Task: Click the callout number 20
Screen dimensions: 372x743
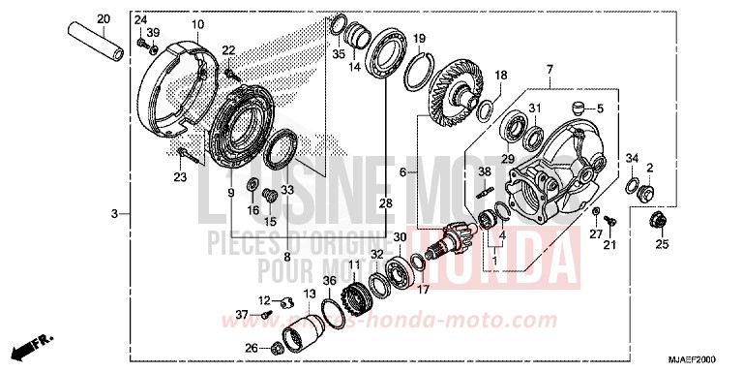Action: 104,18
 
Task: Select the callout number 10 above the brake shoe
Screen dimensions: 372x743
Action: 197,24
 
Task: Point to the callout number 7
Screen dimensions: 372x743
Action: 549,70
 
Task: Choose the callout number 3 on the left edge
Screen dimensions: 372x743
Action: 114,213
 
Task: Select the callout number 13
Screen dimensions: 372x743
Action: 310,294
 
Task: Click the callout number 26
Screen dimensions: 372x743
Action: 250,349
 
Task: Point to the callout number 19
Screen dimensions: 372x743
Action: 420,39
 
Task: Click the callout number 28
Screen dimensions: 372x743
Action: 385,203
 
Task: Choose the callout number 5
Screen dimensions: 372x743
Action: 599,108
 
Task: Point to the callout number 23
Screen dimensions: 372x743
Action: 181,176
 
